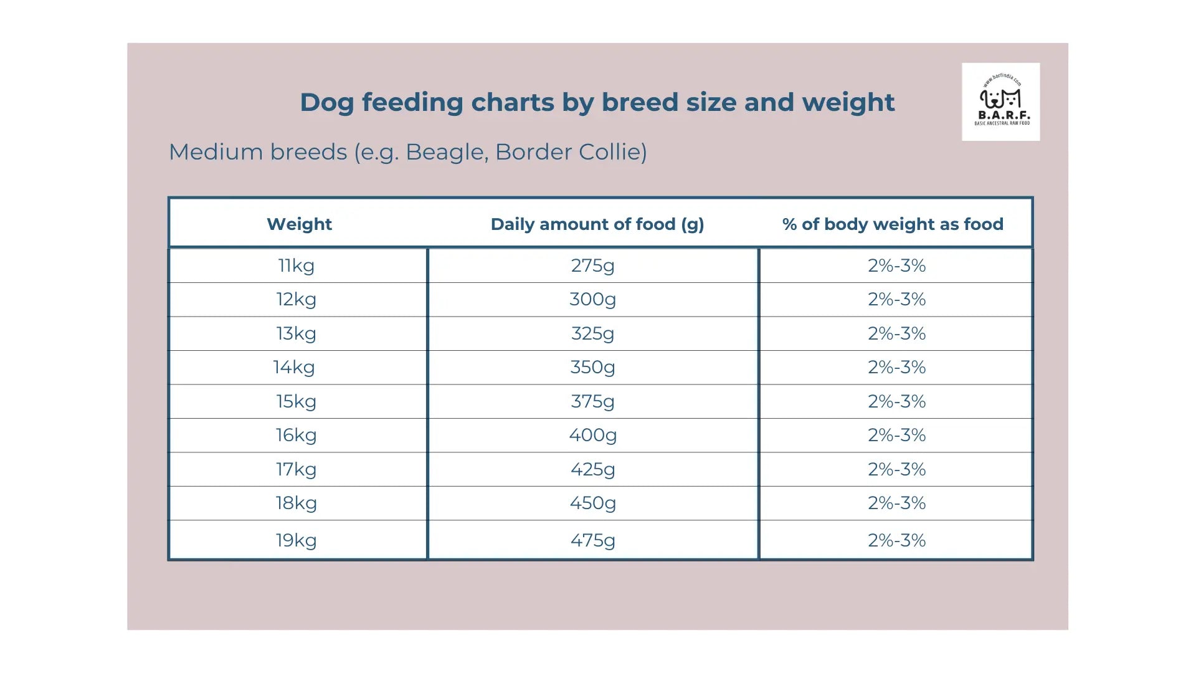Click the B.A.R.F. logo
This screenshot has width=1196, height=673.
[x=1000, y=102]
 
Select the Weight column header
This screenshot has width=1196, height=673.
[x=299, y=224]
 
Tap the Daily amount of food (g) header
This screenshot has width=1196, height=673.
[x=597, y=224]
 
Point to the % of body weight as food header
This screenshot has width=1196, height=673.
[x=893, y=224]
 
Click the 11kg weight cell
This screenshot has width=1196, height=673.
[x=297, y=265]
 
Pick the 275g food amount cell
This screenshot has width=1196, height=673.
[x=592, y=265]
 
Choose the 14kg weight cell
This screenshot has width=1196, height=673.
[x=294, y=367]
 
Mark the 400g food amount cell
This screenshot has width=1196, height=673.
[x=592, y=435]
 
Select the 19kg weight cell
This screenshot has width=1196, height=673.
[x=297, y=540]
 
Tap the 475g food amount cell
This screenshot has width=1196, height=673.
[x=592, y=540]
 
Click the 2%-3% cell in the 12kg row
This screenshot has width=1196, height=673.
[x=896, y=299]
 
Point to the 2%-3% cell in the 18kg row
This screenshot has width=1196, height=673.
[x=896, y=503]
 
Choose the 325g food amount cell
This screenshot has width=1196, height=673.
[x=592, y=333]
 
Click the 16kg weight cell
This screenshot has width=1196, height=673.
[x=297, y=435]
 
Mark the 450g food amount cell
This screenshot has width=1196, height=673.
[x=592, y=503]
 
